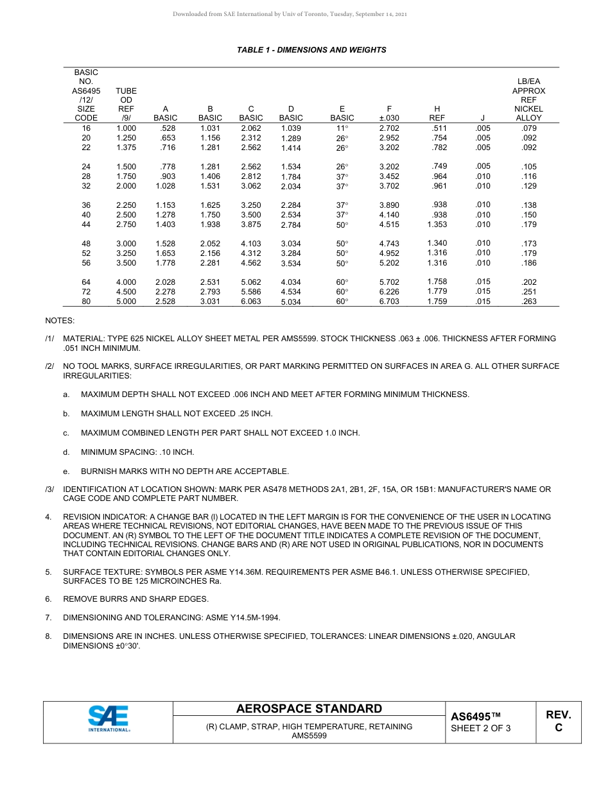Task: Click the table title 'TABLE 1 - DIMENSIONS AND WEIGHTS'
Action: click(311, 49)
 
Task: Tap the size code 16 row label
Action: click(86, 128)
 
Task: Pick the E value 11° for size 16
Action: click(342, 129)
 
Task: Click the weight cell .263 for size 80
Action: click(529, 301)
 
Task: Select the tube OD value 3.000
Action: click(126, 244)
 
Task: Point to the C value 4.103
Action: click(250, 244)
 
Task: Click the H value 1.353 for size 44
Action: click(437, 225)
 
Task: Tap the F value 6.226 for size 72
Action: click(389, 292)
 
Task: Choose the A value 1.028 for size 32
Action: click(166, 186)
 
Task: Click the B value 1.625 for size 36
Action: click(210, 205)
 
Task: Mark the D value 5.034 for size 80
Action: click(291, 302)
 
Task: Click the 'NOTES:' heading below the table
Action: click(60, 320)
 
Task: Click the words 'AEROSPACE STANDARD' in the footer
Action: click(309, 709)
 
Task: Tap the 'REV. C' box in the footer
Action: click(558, 721)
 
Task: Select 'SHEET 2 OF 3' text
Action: click(480, 728)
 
